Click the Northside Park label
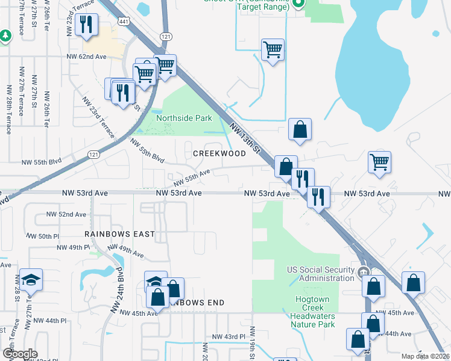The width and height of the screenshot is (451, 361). coord(184,118)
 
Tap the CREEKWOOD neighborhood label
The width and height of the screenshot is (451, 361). coord(219,153)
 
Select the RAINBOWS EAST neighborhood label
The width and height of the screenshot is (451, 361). coord(119,233)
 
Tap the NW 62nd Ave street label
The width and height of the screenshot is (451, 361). coord(86,57)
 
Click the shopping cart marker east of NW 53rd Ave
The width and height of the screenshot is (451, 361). coord(379,162)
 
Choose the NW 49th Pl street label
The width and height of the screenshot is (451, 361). coord(74,247)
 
